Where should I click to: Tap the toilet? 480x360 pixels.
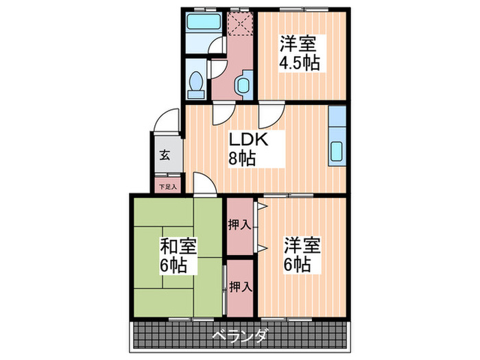[x=196, y=82]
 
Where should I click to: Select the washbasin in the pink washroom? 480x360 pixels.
[x=242, y=85]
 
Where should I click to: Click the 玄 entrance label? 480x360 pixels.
[x=166, y=154]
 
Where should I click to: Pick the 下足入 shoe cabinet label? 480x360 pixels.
[x=167, y=186]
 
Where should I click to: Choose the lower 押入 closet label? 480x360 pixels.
[x=239, y=286]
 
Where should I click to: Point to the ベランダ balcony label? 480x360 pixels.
[x=239, y=335]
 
